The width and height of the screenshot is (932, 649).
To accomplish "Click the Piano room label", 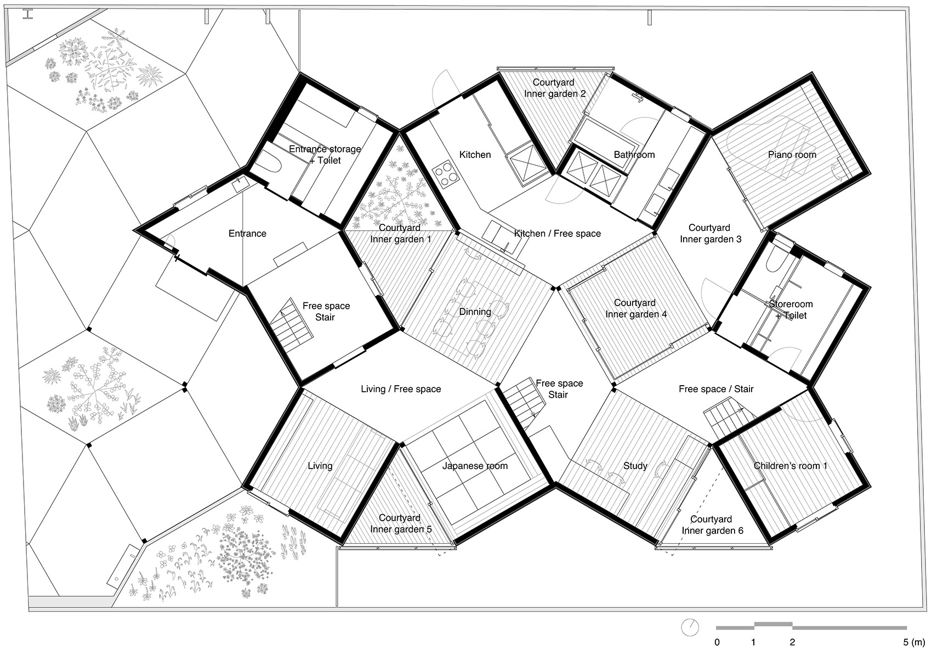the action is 792,155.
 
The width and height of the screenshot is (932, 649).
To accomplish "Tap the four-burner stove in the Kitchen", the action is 445,173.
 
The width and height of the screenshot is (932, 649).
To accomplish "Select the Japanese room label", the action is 475,466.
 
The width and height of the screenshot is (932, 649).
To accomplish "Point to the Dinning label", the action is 475,312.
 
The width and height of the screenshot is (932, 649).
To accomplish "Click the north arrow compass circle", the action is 690,627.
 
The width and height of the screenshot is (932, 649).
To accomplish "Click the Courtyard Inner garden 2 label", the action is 555,88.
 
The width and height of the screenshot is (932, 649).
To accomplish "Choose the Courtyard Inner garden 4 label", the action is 636,308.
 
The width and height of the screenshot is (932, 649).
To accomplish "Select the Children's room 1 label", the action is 790,466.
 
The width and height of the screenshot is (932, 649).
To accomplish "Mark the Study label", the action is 635,466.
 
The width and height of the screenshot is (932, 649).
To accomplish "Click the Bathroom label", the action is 634,155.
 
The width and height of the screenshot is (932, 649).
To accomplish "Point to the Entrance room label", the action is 247,234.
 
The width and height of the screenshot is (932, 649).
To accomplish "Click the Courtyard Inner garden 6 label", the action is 712,525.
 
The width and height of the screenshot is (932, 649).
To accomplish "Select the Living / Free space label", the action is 401,389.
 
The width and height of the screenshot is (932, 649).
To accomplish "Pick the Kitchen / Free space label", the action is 558,234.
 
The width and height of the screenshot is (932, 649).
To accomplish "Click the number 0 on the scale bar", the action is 717,642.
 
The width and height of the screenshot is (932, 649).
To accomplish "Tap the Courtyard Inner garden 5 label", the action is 401,523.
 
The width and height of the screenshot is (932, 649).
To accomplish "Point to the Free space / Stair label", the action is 716,389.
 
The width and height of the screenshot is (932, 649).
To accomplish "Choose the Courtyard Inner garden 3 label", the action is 711,234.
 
